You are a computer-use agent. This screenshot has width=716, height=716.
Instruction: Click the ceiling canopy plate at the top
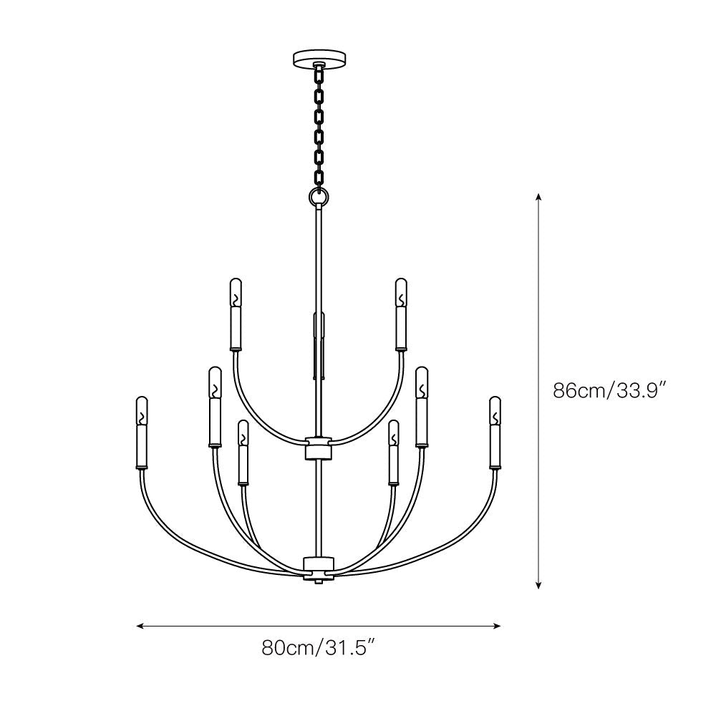[x=319, y=59]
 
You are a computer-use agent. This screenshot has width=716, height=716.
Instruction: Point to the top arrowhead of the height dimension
[x=539, y=197]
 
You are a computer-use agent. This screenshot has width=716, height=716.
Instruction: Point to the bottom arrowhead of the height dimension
[x=539, y=585]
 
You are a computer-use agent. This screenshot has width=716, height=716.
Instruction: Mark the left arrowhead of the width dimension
[x=140, y=626]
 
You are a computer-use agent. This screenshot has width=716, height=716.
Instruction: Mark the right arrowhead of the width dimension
[x=498, y=626]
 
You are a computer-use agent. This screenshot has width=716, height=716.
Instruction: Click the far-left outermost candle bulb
[x=142, y=410]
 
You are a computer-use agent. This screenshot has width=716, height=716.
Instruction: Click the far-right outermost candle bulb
[x=495, y=410]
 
